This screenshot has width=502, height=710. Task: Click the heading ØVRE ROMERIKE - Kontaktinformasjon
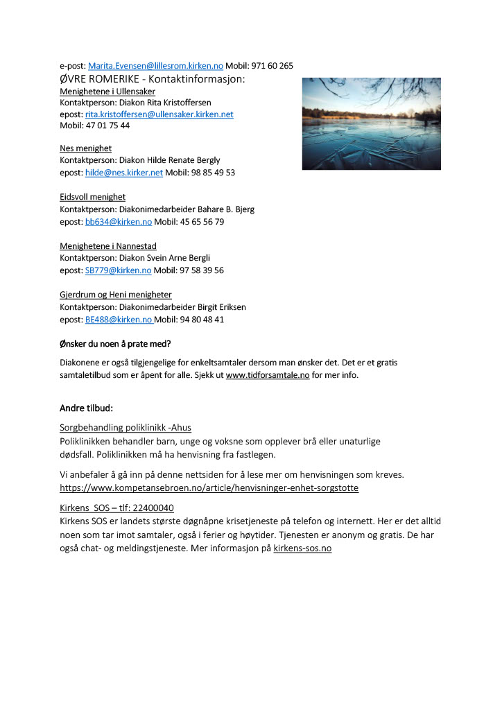152,79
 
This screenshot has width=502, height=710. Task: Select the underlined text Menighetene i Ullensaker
107,92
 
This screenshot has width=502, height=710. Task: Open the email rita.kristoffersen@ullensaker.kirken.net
159,114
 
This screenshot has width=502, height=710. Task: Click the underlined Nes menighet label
85,148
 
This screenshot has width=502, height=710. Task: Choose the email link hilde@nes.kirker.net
123,173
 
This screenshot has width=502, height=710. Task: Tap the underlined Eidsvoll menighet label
92,197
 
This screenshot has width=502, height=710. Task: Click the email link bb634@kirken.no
118,222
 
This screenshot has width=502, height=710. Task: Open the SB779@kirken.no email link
118,270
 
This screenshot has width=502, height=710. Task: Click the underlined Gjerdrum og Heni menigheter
116,295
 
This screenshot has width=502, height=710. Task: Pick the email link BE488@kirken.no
119,320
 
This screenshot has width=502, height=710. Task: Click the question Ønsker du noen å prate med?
115,344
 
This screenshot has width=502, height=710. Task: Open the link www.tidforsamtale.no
268,375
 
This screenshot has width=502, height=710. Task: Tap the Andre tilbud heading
86,408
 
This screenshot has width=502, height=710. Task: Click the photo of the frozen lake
371,123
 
